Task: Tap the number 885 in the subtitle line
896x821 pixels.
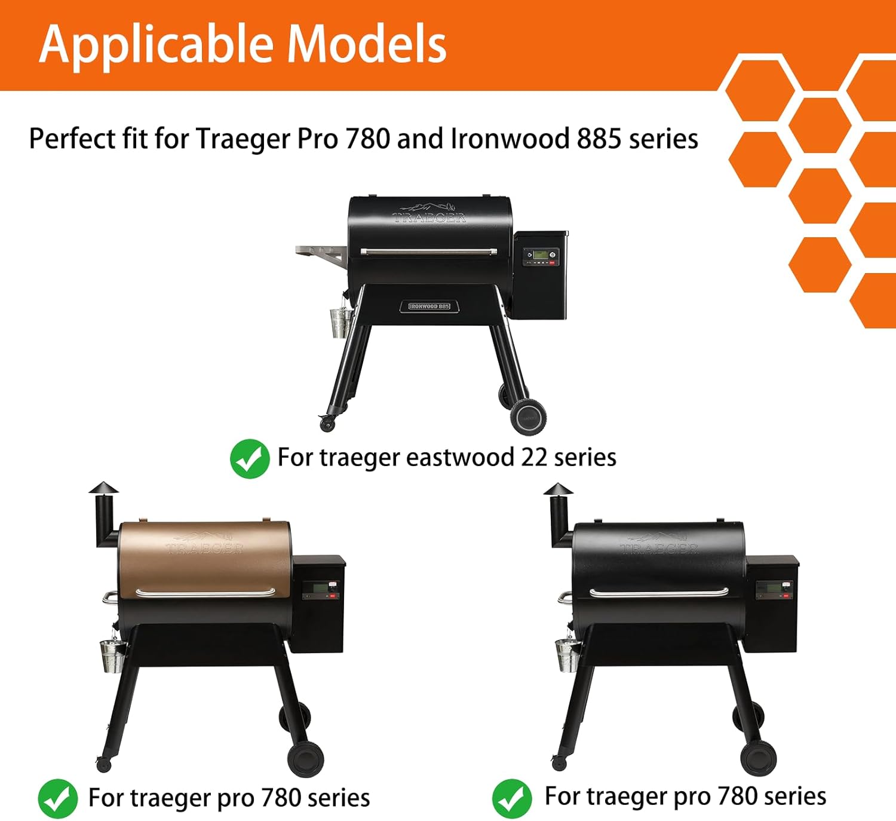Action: (599, 139)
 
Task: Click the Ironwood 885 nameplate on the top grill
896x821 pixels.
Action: (429, 306)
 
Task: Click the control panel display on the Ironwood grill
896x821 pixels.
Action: (541, 255)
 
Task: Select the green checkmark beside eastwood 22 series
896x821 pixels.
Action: (250, 458)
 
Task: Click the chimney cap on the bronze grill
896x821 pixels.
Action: (103, 488)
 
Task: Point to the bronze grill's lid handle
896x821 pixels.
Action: (205, 592)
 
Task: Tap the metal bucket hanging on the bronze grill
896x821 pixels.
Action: (112, 655)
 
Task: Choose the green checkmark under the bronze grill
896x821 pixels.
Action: (57, 798)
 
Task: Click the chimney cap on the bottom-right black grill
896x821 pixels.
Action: (558, 489)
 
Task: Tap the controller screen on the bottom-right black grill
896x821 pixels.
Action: (775, 588)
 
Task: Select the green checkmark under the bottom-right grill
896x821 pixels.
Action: (512, 798)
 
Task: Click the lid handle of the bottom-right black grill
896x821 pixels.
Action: (659, 592)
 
